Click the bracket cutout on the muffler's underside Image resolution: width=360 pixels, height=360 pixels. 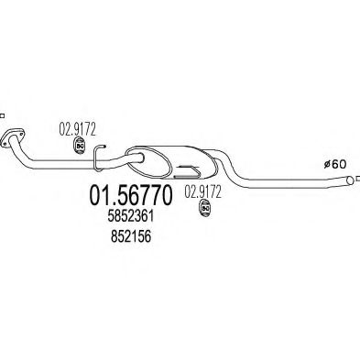pyautogui.click(x=193, y=170)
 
